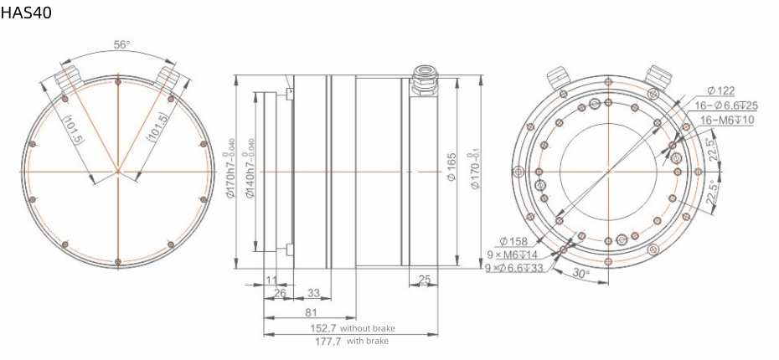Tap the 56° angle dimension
122,45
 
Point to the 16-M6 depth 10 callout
725,120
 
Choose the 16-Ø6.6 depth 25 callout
726,105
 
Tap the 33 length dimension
315,292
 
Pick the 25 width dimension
424,279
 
